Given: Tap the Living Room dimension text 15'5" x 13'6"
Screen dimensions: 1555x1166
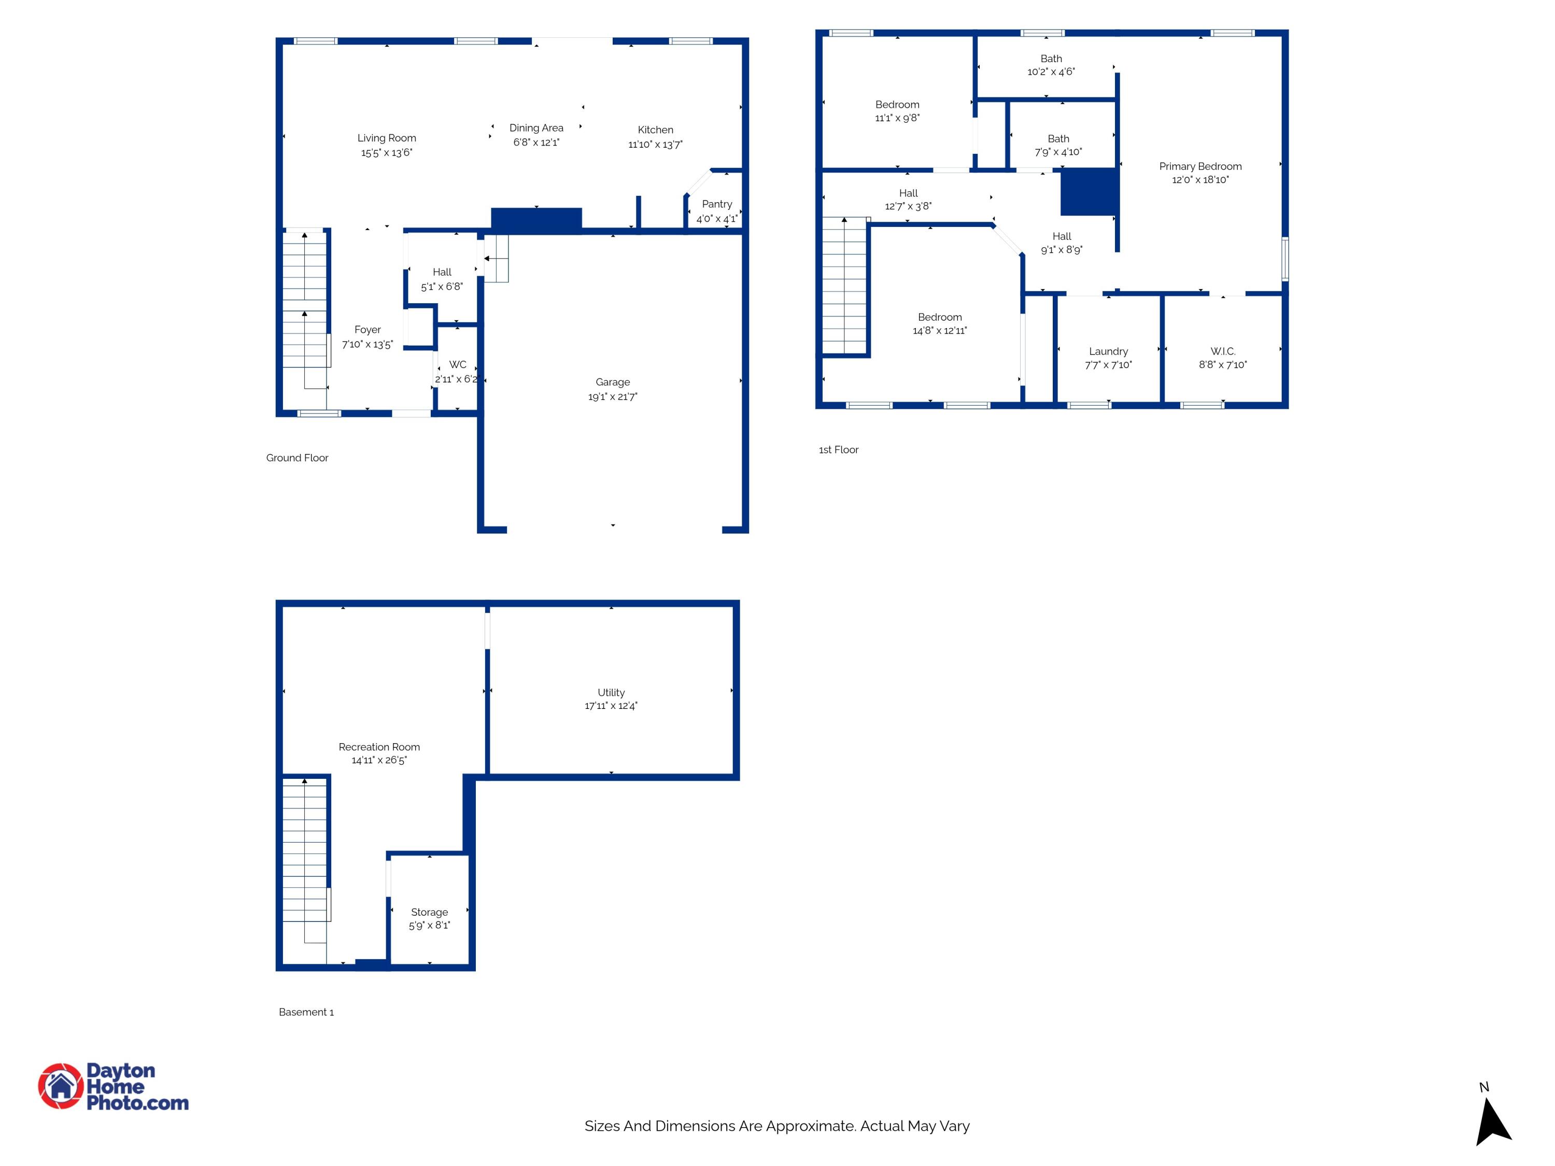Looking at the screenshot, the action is (387, 152).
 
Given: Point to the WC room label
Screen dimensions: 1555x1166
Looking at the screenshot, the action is (458, 365).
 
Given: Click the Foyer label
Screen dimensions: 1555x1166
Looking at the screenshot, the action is (367, 330).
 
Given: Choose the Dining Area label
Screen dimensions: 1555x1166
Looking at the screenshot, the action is (536, 128).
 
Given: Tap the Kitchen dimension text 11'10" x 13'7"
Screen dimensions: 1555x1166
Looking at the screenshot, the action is (655, 145).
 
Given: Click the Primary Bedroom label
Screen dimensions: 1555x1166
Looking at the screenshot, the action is (1200, 166).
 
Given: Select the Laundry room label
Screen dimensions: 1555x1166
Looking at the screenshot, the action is (1109, 351).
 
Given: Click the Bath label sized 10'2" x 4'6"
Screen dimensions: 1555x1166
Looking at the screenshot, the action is (1051, 59).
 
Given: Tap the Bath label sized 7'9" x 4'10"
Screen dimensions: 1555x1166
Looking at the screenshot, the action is (1058, 139).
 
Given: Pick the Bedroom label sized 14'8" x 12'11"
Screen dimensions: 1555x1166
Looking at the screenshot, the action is (940, 318).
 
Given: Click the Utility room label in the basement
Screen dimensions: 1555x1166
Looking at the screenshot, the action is (611, 693).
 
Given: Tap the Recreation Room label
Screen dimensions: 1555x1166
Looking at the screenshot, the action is (379, 747).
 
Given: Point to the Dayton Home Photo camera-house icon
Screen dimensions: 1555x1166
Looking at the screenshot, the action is (61, 1086).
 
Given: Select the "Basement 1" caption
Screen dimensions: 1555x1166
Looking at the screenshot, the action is (306, 1012).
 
